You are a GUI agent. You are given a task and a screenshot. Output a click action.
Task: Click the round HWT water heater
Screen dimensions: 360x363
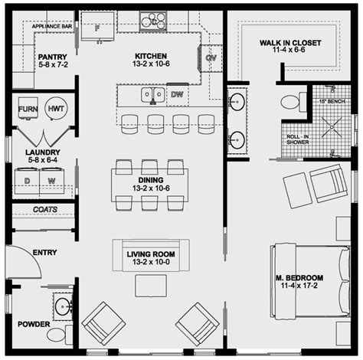pyautogui.click(x=56, y=109)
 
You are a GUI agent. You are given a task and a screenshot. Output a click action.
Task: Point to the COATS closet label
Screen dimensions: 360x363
pyautogui.click(x=43, y=208)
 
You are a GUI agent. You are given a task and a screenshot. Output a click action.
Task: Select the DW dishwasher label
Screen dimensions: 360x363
pyautogui.click(x=177, y=95)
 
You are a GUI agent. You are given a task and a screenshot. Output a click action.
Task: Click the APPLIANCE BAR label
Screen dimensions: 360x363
pyautogui.click(x=51, y=26)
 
